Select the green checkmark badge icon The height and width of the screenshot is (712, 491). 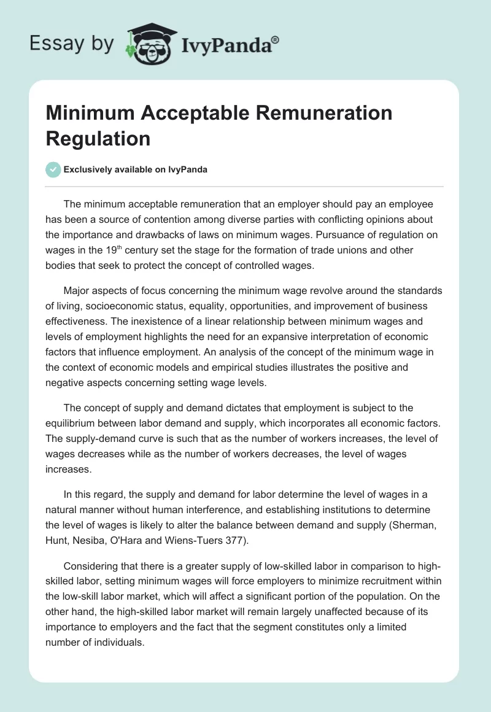click(x=53, y=169)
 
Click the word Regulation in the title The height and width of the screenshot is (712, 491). click(x=98, y=138)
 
